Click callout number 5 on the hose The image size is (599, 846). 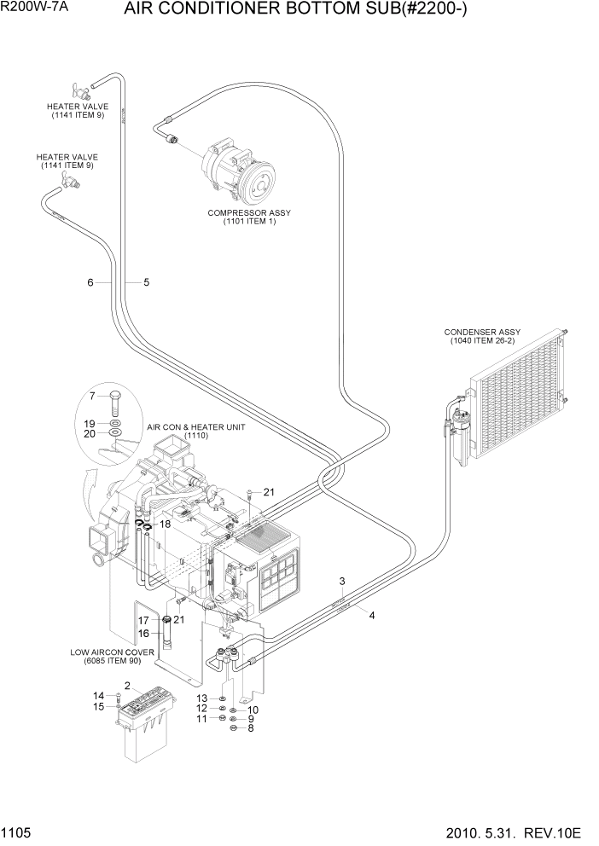point(146,282)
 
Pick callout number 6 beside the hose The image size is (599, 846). point(90,282)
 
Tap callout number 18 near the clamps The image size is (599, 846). point(166,524)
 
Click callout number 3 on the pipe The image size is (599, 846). point(341,582)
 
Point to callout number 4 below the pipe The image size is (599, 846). point(371,614)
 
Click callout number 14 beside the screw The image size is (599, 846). point(98,695)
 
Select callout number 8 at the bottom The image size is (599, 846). point(251,728)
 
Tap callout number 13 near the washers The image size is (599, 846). point(202,698)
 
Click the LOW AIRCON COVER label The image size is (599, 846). point(112,656)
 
